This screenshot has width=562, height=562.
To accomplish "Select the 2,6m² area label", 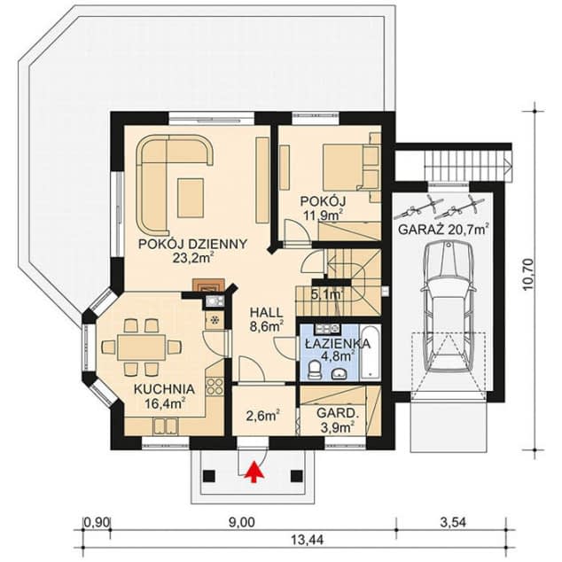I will coord(262,414).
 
